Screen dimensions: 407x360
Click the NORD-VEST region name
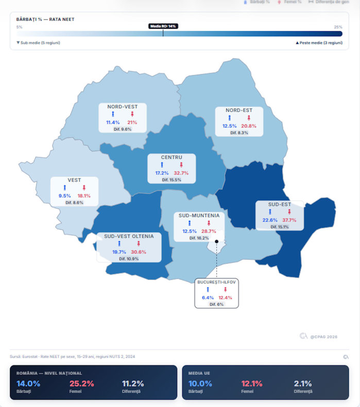pyautogui.click(x=123, y=107)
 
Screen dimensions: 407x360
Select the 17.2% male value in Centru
pyautogui.click(x=162, y=173)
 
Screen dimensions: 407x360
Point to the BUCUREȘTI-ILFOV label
pyautogui.click(x=217, y=282)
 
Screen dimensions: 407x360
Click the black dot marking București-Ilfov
pyautogui.click(x=217, y=241)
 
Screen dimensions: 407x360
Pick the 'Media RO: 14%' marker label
pyautogui.click(x=163, y=26)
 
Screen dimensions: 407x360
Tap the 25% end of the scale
pyautogui.click(x=338, y=27)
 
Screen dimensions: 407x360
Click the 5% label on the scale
pyautogui.click(x=19, y=27)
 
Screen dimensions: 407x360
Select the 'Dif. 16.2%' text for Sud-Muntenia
pyautogui.click(x=199, y=238)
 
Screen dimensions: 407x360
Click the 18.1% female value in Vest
pyautogui.click(x=84, y=196)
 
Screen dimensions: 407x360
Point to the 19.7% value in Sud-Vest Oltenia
pyautogui.click(x=119, y=252)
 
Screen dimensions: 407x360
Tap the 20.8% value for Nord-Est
pyautogui.click(x=249, y=126)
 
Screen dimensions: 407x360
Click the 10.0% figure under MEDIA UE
pyautogui.click(x=200, y=383)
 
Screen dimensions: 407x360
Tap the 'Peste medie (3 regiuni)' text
pyautogui.click(x=320, y=43)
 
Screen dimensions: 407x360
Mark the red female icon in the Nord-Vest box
pyautogui.click(x=132, y=114)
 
